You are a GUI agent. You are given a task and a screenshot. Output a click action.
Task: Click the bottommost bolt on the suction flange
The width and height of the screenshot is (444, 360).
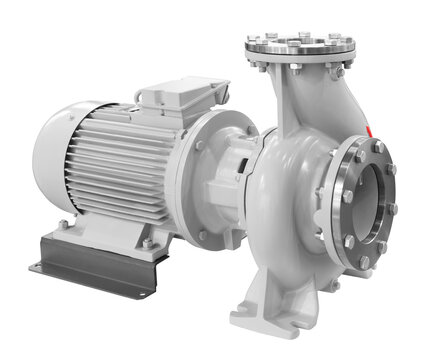tap(364, 262)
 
